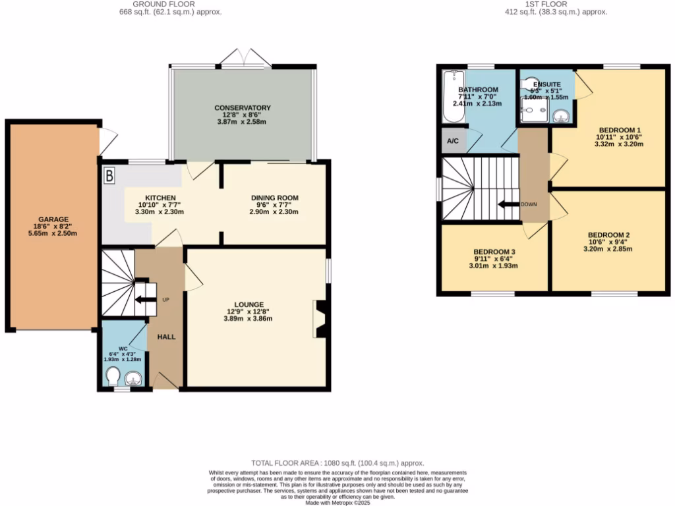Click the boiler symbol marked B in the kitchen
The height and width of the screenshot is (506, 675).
(x=109, y=176)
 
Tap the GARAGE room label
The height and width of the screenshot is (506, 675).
(x=53, y=219)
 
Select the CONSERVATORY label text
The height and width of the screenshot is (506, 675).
(x=242, y=107)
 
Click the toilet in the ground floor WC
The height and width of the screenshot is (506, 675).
(x=113, y=377)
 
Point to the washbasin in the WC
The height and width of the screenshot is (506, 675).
(x=134, y=378)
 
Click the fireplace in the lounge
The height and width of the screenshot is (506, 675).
(x=320, y=320)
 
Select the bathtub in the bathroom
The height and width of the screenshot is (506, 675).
(x=453, y=97)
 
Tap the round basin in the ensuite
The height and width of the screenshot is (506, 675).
(x=561, y=117)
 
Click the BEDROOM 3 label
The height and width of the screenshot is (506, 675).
(x=494, y=252)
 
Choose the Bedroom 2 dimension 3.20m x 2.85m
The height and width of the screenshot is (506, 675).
(x=609, y=249)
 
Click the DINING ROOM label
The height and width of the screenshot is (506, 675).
(x=274, y=198)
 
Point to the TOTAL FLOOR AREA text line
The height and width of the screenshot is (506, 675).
(x=337, y=463)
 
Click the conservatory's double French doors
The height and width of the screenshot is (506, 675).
(x=245, y=61)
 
